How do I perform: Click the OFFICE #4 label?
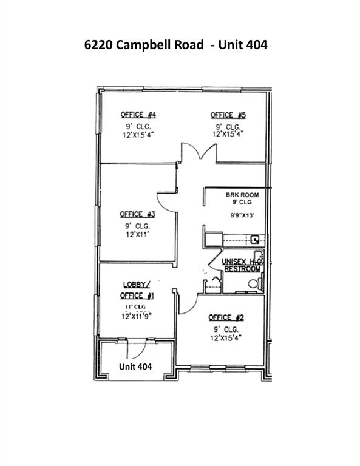tap(139, 115)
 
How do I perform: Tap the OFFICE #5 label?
tap(228, 115)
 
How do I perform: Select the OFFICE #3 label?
tap(138, 214)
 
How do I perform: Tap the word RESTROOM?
tap(243, 269)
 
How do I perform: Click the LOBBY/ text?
tap(137, 284)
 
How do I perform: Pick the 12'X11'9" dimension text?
tap(138, 316)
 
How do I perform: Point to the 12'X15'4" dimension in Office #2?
tap(226, 337)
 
